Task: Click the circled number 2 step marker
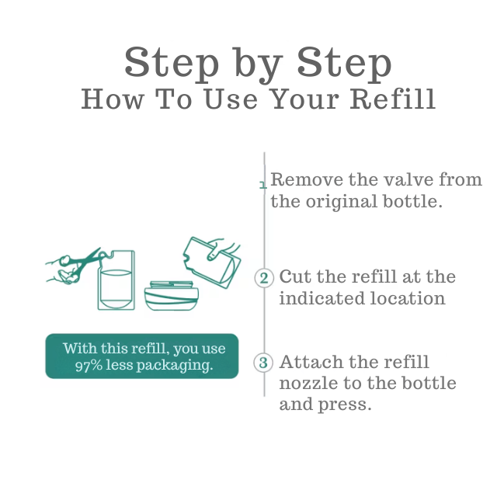264,278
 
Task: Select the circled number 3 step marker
264,363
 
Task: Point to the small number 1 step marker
262,185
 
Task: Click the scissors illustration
74,266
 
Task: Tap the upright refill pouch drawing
116,280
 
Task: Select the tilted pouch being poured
210,261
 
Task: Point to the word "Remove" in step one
304,180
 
